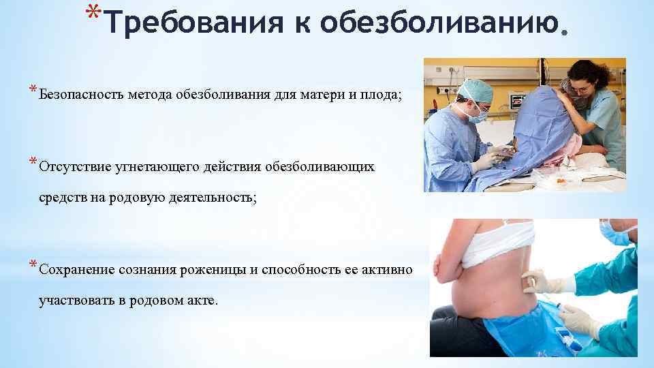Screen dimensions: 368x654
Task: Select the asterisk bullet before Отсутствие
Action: (32, 162)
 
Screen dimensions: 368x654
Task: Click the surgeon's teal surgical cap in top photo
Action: (475, 89)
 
